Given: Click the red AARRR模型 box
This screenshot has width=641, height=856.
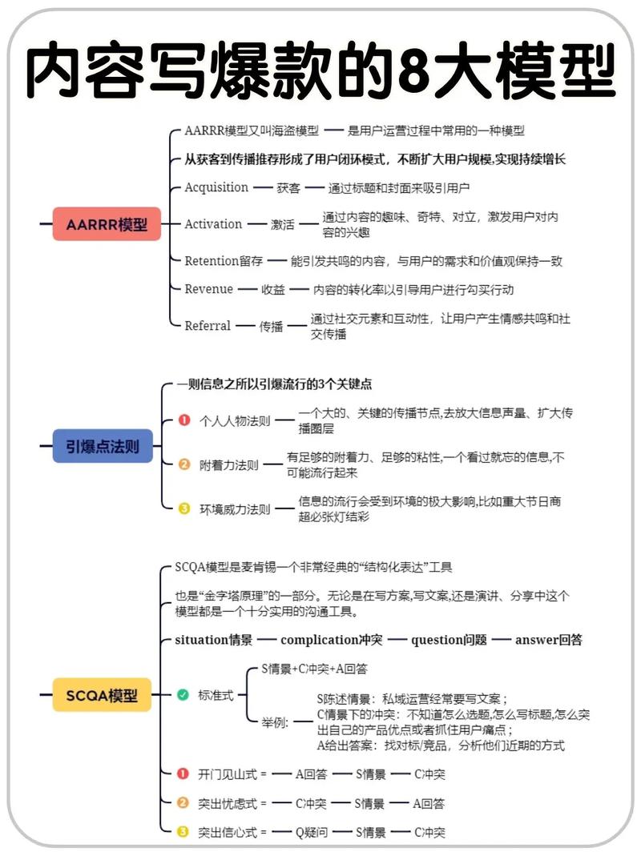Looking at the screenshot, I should pos(107,224).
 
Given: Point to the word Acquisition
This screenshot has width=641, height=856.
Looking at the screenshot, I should pos(216,187).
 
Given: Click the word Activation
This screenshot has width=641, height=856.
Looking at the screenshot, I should pos(213,224).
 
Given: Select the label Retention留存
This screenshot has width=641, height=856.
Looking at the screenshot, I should pos(224,261).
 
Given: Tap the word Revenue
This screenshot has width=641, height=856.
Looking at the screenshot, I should pos(209,289).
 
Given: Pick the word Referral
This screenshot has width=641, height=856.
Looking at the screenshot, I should pos(208,326).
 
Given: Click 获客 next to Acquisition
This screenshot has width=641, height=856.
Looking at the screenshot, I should pos(288,188).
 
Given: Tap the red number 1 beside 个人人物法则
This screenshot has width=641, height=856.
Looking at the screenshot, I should pos(184,420).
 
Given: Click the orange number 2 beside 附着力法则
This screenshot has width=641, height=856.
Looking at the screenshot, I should pos(184,464).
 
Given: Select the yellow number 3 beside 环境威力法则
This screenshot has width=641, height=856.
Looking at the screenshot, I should pos(184,508).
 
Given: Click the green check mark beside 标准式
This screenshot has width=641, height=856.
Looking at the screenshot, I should pos(183,695).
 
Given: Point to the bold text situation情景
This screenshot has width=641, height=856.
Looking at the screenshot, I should pos(214,640).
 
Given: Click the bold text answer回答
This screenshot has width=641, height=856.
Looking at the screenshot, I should pos(548,640).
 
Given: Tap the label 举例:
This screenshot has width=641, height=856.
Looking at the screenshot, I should pos(275,722).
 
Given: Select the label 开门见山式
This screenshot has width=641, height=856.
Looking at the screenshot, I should pos(227,774).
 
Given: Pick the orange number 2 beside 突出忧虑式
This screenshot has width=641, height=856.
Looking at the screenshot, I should pos(183,803).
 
